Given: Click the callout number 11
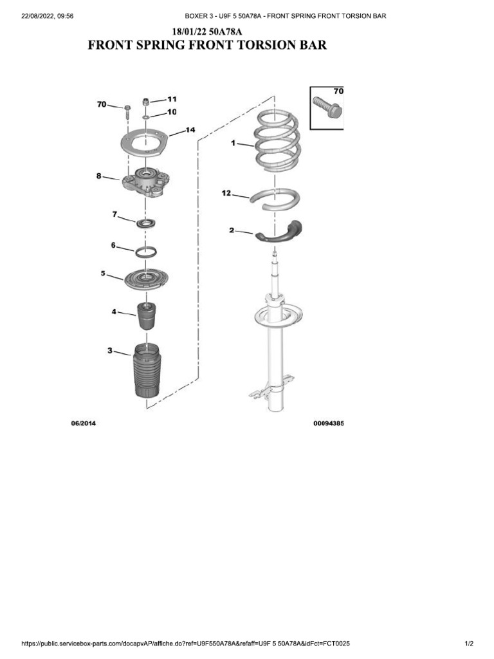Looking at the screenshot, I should click(172, 99).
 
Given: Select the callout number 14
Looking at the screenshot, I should click(190, 129).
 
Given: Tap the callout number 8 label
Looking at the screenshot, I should click(99, 175).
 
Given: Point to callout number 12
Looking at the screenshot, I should click(226, 192).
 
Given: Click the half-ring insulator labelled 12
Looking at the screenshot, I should click(275, 198).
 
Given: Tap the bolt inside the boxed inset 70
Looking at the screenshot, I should click(326, 106).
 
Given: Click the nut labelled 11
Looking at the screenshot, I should click(146, 102).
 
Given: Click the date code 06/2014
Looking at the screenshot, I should click(83, 424).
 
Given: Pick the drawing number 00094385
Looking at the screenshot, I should click(328, 424).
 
